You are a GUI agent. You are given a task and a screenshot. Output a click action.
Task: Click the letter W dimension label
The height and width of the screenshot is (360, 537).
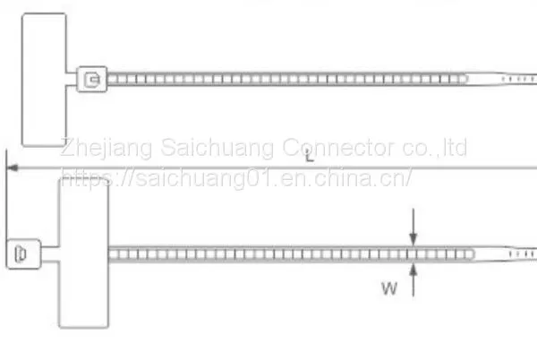[x=389, y=288]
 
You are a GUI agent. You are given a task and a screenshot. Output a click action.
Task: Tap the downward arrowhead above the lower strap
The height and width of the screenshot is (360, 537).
[x=413, y=237]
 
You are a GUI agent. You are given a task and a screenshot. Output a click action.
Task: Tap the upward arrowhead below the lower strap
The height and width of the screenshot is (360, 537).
[x=413, y=270]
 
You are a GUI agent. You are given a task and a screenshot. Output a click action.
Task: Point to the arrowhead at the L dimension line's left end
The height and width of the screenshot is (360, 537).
[x=13, y=167]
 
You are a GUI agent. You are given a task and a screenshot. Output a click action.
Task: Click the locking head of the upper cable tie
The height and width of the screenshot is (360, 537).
[x=92, y=79]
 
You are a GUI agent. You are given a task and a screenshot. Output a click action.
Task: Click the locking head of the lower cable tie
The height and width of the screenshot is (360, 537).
[x=23, y=253]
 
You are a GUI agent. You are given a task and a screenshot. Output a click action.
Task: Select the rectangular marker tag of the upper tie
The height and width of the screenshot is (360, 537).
[x=44, y=80]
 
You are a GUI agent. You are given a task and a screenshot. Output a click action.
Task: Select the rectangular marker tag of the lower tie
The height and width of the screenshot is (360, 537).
[x=84, y=253]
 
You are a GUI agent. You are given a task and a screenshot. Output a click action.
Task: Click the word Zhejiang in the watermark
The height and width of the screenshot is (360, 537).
[x=107, y=148]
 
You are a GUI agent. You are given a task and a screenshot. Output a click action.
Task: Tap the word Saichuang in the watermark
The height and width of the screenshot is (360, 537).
[x=217, y=148]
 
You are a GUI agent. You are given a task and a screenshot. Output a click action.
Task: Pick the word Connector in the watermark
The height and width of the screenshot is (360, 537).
[x=338, y=147]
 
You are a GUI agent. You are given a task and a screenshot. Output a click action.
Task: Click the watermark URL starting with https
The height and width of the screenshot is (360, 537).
[x=236, y=178]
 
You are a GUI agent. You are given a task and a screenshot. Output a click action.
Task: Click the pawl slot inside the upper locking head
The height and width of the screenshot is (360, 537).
[x=92, y=80]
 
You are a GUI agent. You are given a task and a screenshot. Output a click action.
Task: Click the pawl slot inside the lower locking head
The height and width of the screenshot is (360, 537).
[x=21, y=253]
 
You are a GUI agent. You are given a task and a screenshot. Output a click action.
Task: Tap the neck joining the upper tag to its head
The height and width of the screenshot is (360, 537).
[x=72, y=79]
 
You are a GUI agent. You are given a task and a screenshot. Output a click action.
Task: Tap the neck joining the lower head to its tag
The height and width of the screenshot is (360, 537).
[x=50, y=253]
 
